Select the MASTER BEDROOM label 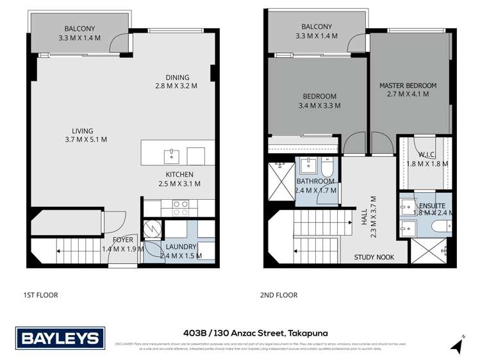point(408,85)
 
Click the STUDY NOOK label point(374,258)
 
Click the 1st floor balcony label point(79,28)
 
